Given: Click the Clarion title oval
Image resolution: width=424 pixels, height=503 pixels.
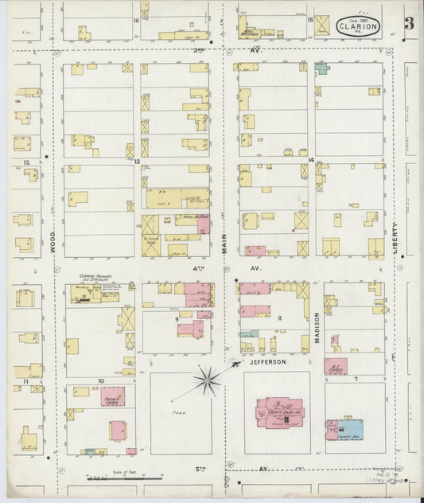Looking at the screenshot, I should coord(358,26).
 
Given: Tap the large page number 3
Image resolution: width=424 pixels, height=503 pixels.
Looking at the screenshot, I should coord(408,24).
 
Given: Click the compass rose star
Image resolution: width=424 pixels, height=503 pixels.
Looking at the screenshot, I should coord(207,381).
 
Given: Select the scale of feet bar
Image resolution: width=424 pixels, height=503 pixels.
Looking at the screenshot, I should coord(123,478).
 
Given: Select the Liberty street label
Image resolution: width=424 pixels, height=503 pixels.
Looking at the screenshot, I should coord(395,237).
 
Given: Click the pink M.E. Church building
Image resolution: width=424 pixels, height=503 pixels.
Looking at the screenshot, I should coord(335,367).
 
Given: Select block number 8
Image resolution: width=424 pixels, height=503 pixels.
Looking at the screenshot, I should coord(280,318).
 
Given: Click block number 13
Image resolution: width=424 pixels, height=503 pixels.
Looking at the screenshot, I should coord(137,162).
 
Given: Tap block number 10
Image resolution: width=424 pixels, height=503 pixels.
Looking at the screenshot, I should coord(100,380).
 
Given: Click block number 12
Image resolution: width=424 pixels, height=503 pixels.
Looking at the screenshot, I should coord(26,162).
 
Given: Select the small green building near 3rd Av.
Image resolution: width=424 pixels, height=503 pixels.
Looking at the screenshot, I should coord(321,68).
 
